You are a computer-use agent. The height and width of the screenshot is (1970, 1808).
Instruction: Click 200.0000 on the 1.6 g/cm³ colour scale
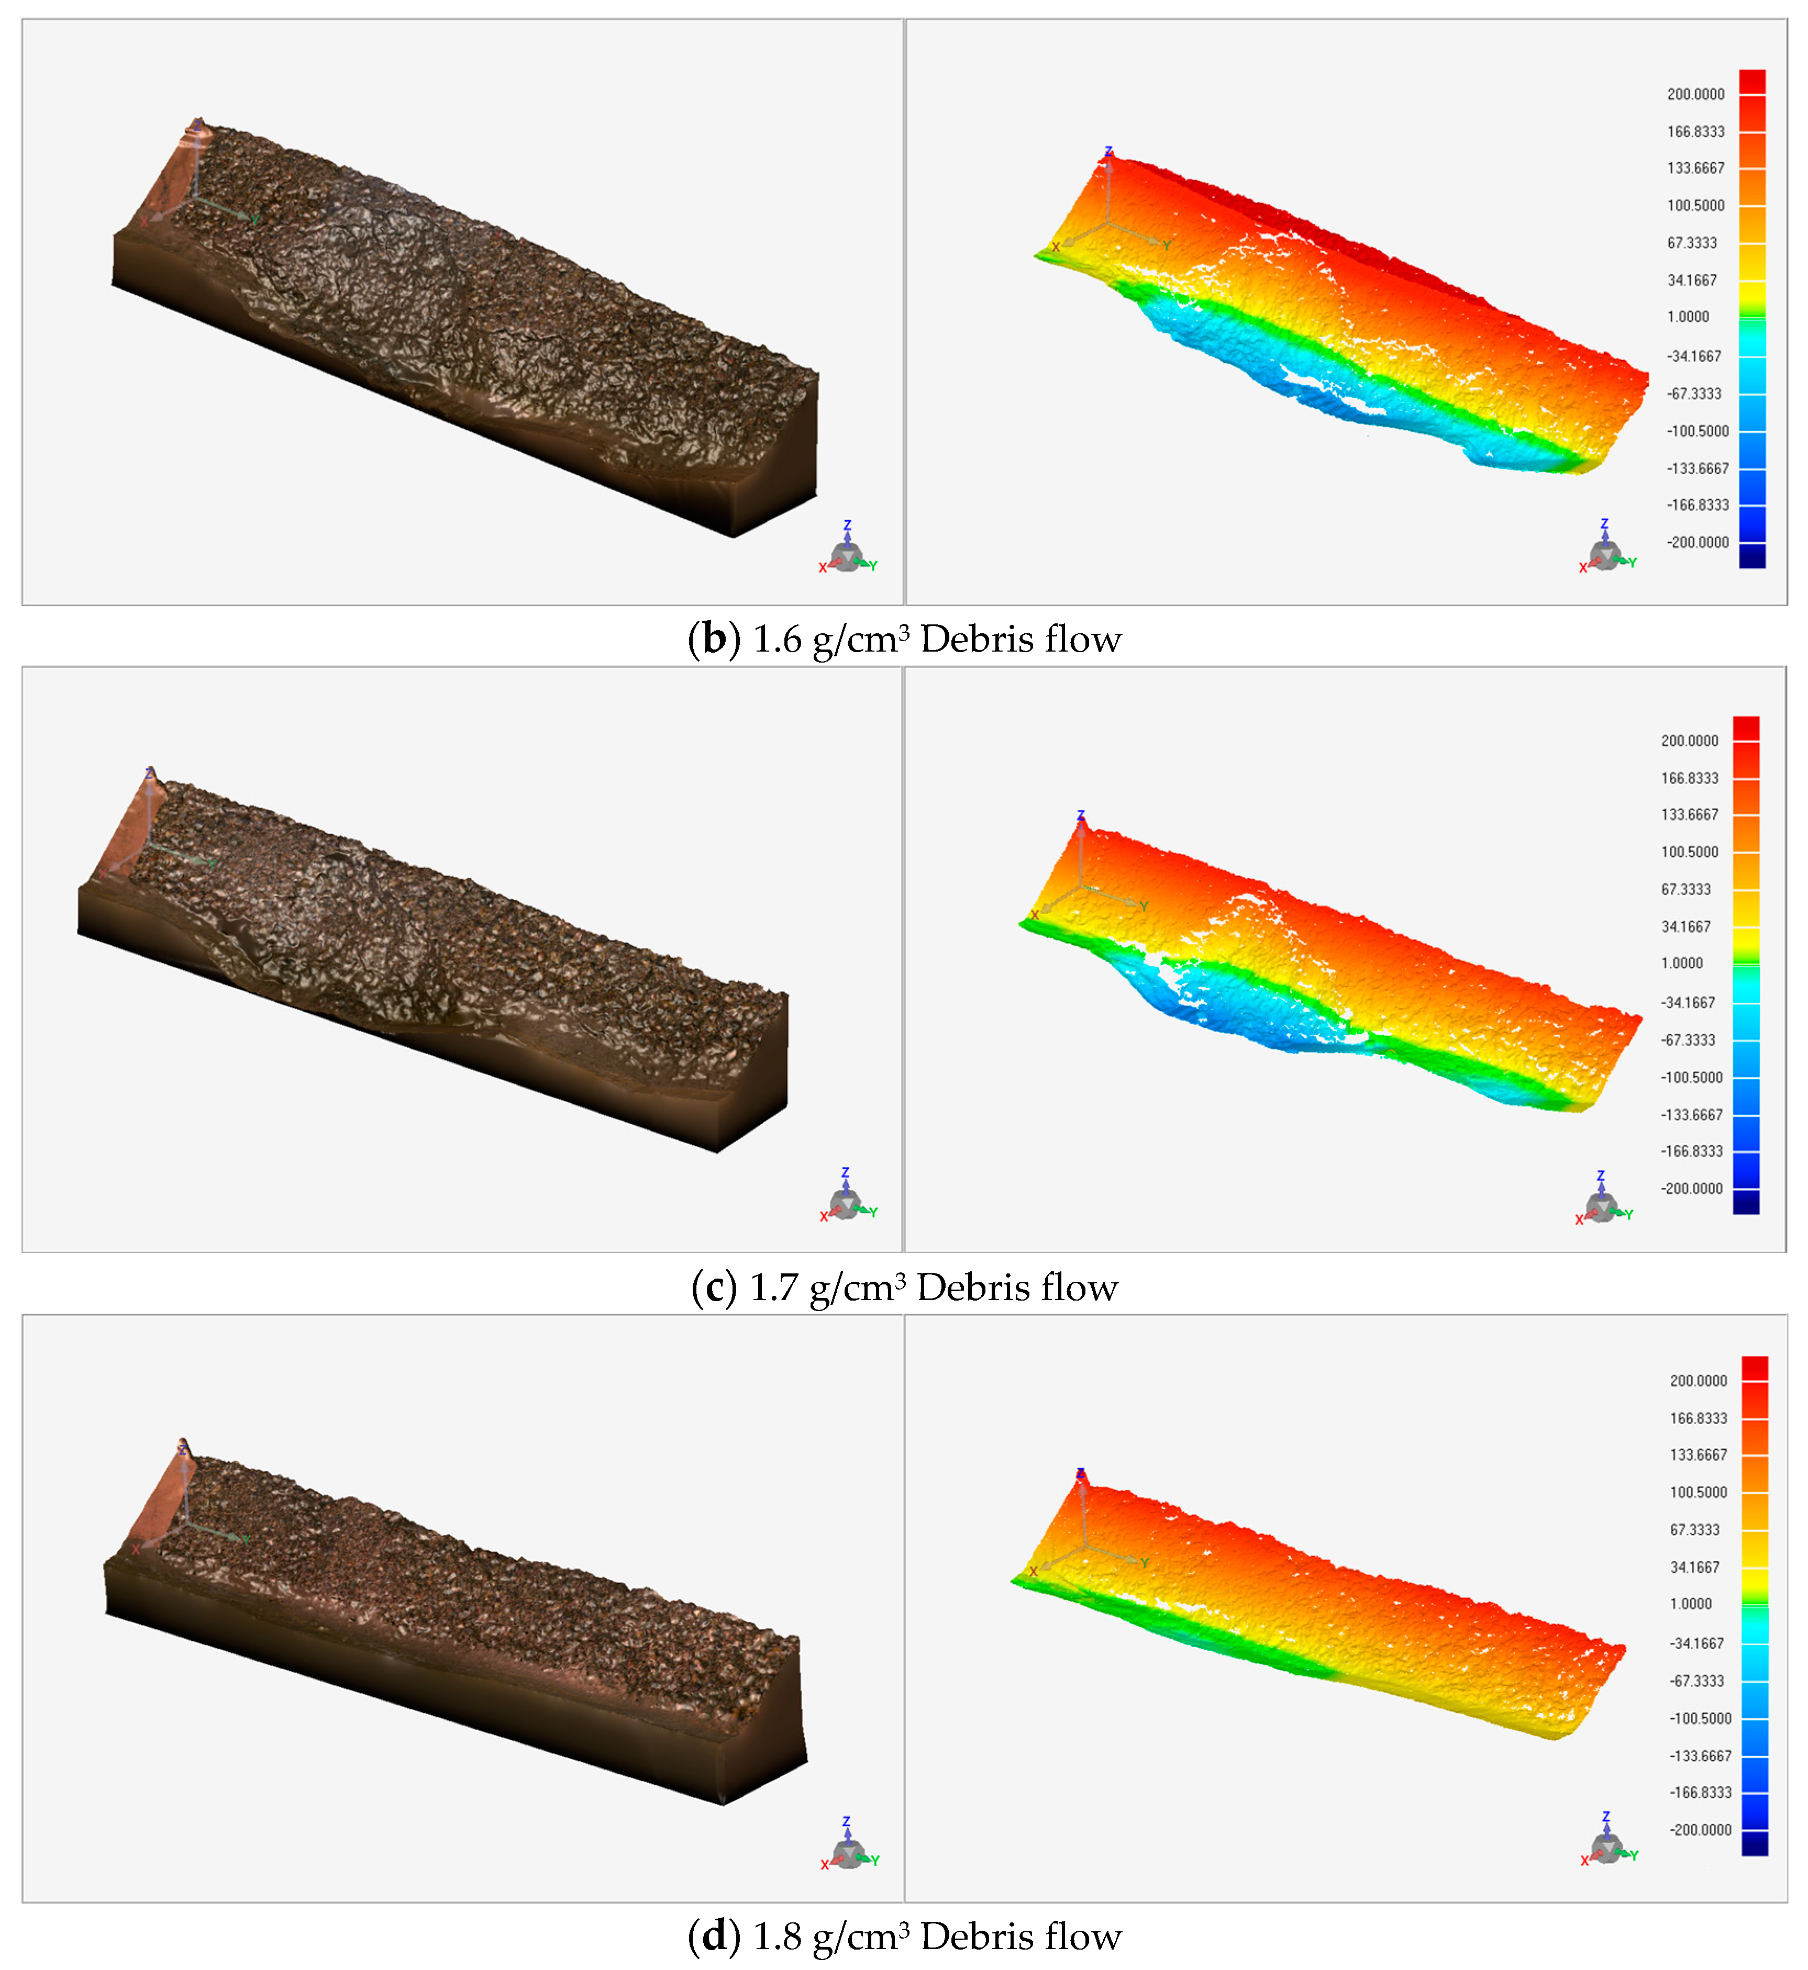(1695, 94)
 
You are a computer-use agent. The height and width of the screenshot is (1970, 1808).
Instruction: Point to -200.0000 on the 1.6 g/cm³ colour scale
(1698, 542)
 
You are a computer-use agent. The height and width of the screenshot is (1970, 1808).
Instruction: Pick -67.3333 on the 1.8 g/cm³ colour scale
(1696, 1681)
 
